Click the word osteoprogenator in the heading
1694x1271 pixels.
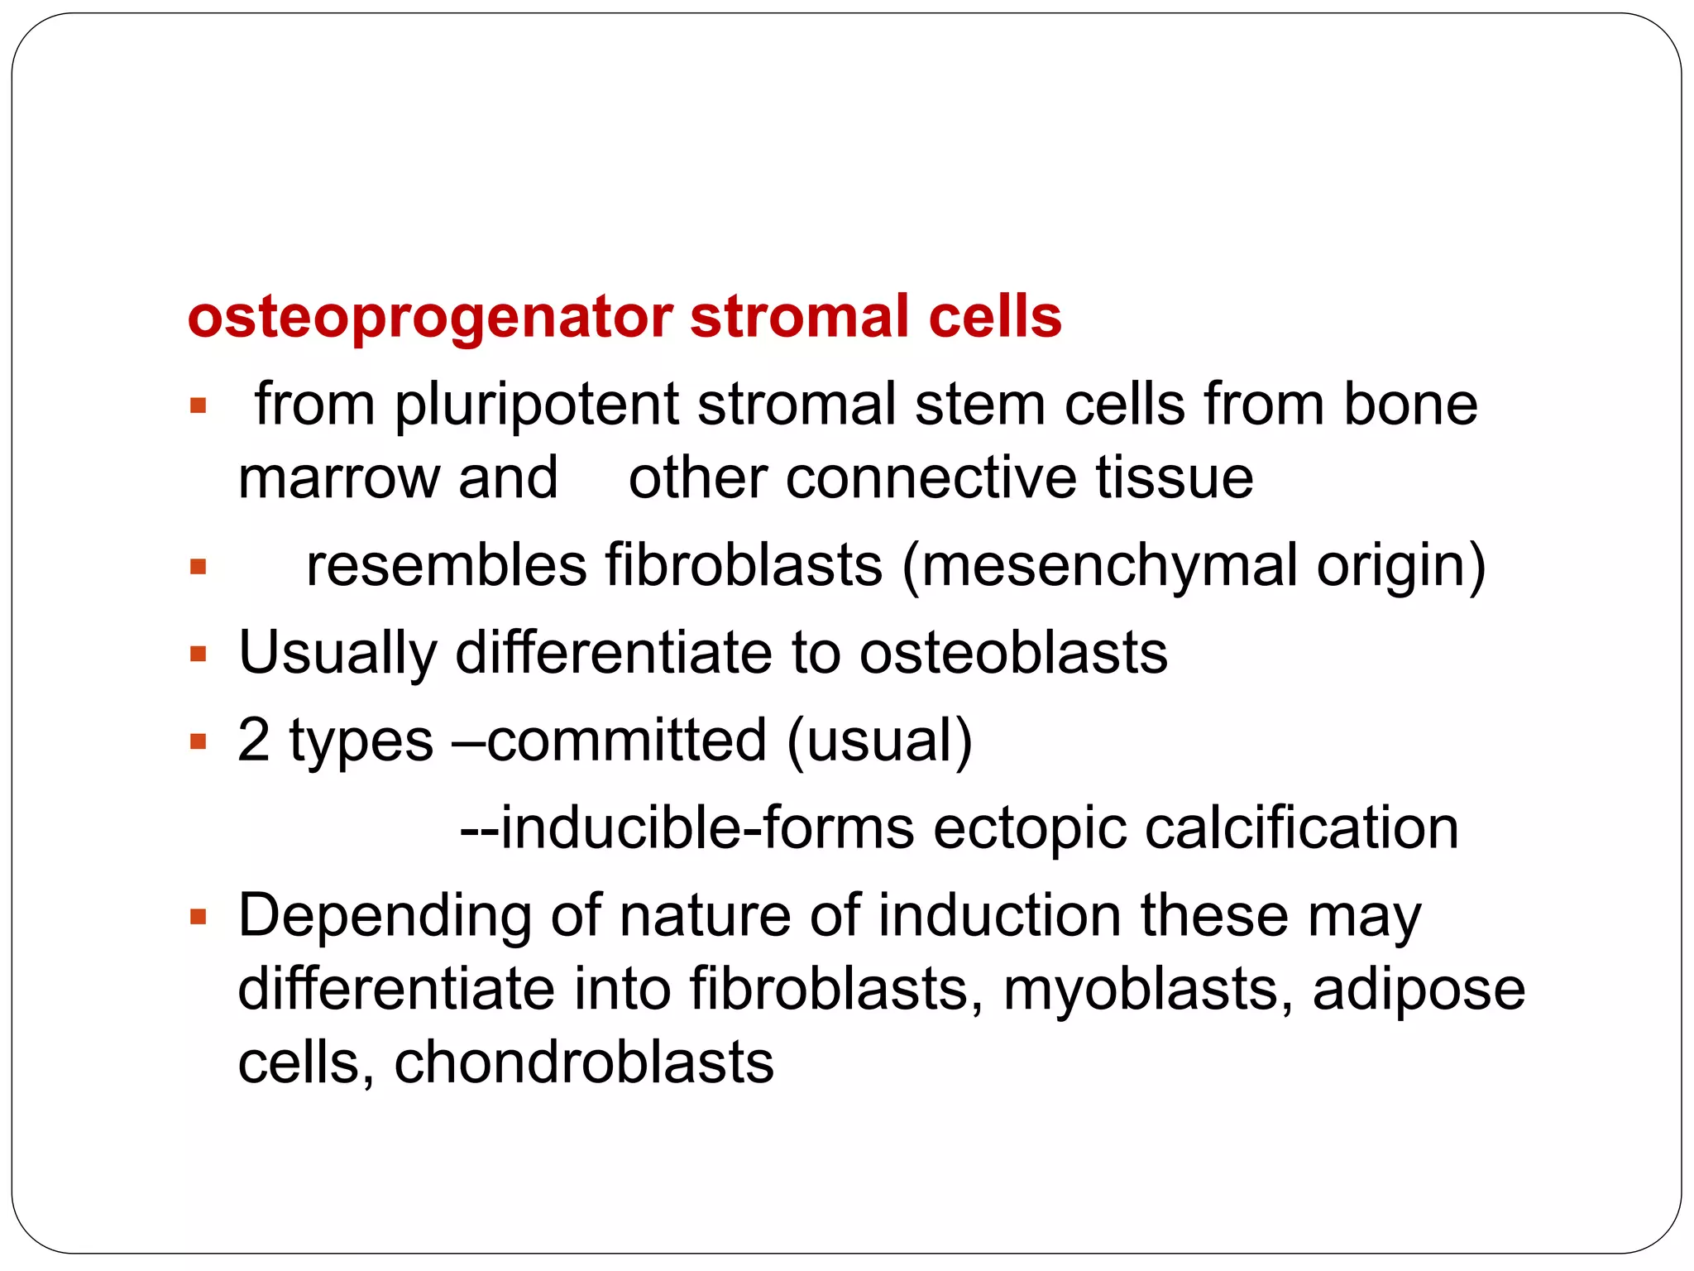pyautogui.click(x=430, y=318)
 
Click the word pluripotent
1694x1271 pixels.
pyautogui.click(x=537, y=405)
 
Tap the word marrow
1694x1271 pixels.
pyautogui.click(x=339, y=479)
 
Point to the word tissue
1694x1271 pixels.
pyautogui.click(x=1174, y=479)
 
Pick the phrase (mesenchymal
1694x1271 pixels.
pyautogui.click(x=1099, y=568)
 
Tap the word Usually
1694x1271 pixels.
pyautogui.click(x=337, y=655)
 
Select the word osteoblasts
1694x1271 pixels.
pyautogui.click(x=1013, y=654)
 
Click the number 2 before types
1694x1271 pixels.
pyautogui.click(x=254, y=740)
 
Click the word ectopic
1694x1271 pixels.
pyautogui.click(x=1030, y=829)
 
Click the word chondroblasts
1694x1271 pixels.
pyautogui.click(x=584, y=1063)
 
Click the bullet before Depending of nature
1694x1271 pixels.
pyautogui.click(x=198, y=917)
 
